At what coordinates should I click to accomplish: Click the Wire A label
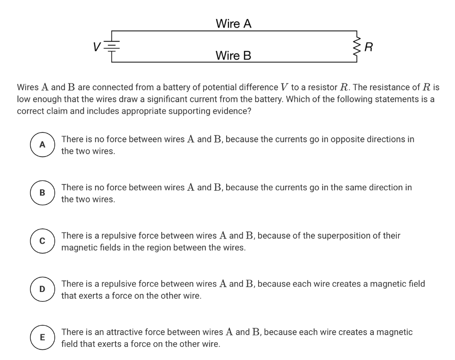point(233,24)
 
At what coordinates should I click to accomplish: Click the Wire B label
point(233,56)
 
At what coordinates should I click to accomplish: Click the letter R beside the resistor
point(368,46)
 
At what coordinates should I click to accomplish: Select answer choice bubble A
point(42,144)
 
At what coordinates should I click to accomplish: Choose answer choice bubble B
point(42,192)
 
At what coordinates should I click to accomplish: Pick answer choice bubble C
point(42,241)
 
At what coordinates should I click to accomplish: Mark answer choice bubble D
point(42,289)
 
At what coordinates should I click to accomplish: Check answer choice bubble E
point(42,337)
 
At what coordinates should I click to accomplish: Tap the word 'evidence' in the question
point(233,111)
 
